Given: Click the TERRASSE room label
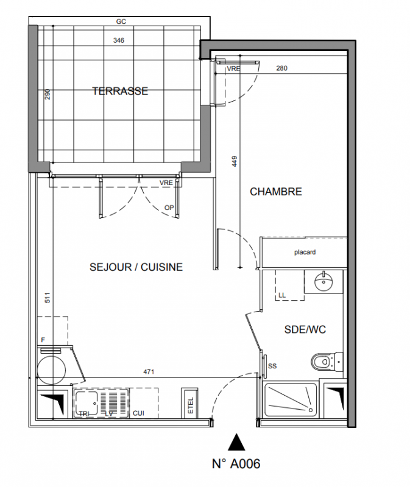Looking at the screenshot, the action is click(120, 91).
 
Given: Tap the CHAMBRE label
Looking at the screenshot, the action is click(276, 192).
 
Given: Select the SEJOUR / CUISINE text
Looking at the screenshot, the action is click(136, 267).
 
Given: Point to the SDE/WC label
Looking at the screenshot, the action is click(305, 329).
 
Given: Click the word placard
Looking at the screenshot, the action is click(305, 252).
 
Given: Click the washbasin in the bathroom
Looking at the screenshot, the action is click(324, 281).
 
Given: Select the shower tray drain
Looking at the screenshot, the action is click(310, 410).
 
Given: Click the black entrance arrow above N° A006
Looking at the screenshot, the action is click(236, 442).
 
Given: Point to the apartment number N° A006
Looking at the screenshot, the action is click(236, 464).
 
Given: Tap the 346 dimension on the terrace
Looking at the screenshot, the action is click(119, 40).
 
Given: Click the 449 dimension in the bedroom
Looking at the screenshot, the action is click(235, 161).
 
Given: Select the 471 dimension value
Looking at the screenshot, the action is click(149, 371).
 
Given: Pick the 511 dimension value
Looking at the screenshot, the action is click(48, 298).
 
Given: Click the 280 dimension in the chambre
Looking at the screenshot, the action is click(281, 68).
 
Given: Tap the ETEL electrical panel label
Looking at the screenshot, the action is click(191, 405).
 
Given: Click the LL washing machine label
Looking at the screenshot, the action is click(282, 295).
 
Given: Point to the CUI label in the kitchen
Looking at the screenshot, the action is click(139, 413).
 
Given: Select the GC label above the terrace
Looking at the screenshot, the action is click(121, 21).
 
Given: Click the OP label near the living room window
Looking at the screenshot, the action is click(169, 208).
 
